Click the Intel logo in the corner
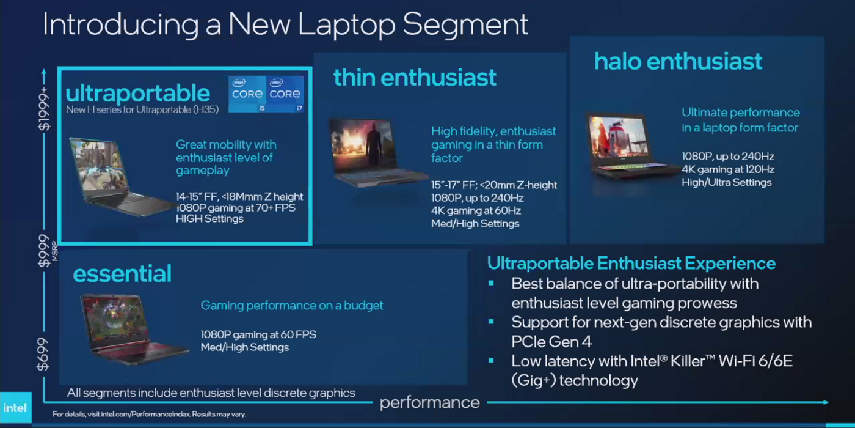16,408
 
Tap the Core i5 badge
247,94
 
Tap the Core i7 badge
285,94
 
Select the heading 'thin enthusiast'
415,77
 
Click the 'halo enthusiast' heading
679,61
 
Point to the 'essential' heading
122,273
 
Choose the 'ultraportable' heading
138,93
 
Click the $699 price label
43,354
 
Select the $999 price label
44,251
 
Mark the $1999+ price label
44,109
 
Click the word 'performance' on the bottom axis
430,403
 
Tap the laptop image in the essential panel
134,330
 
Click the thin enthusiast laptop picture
378,152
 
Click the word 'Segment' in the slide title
465,24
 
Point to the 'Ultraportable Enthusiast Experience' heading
631,264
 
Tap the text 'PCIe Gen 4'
551,342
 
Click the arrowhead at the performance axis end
826,402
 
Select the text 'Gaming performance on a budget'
292,305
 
